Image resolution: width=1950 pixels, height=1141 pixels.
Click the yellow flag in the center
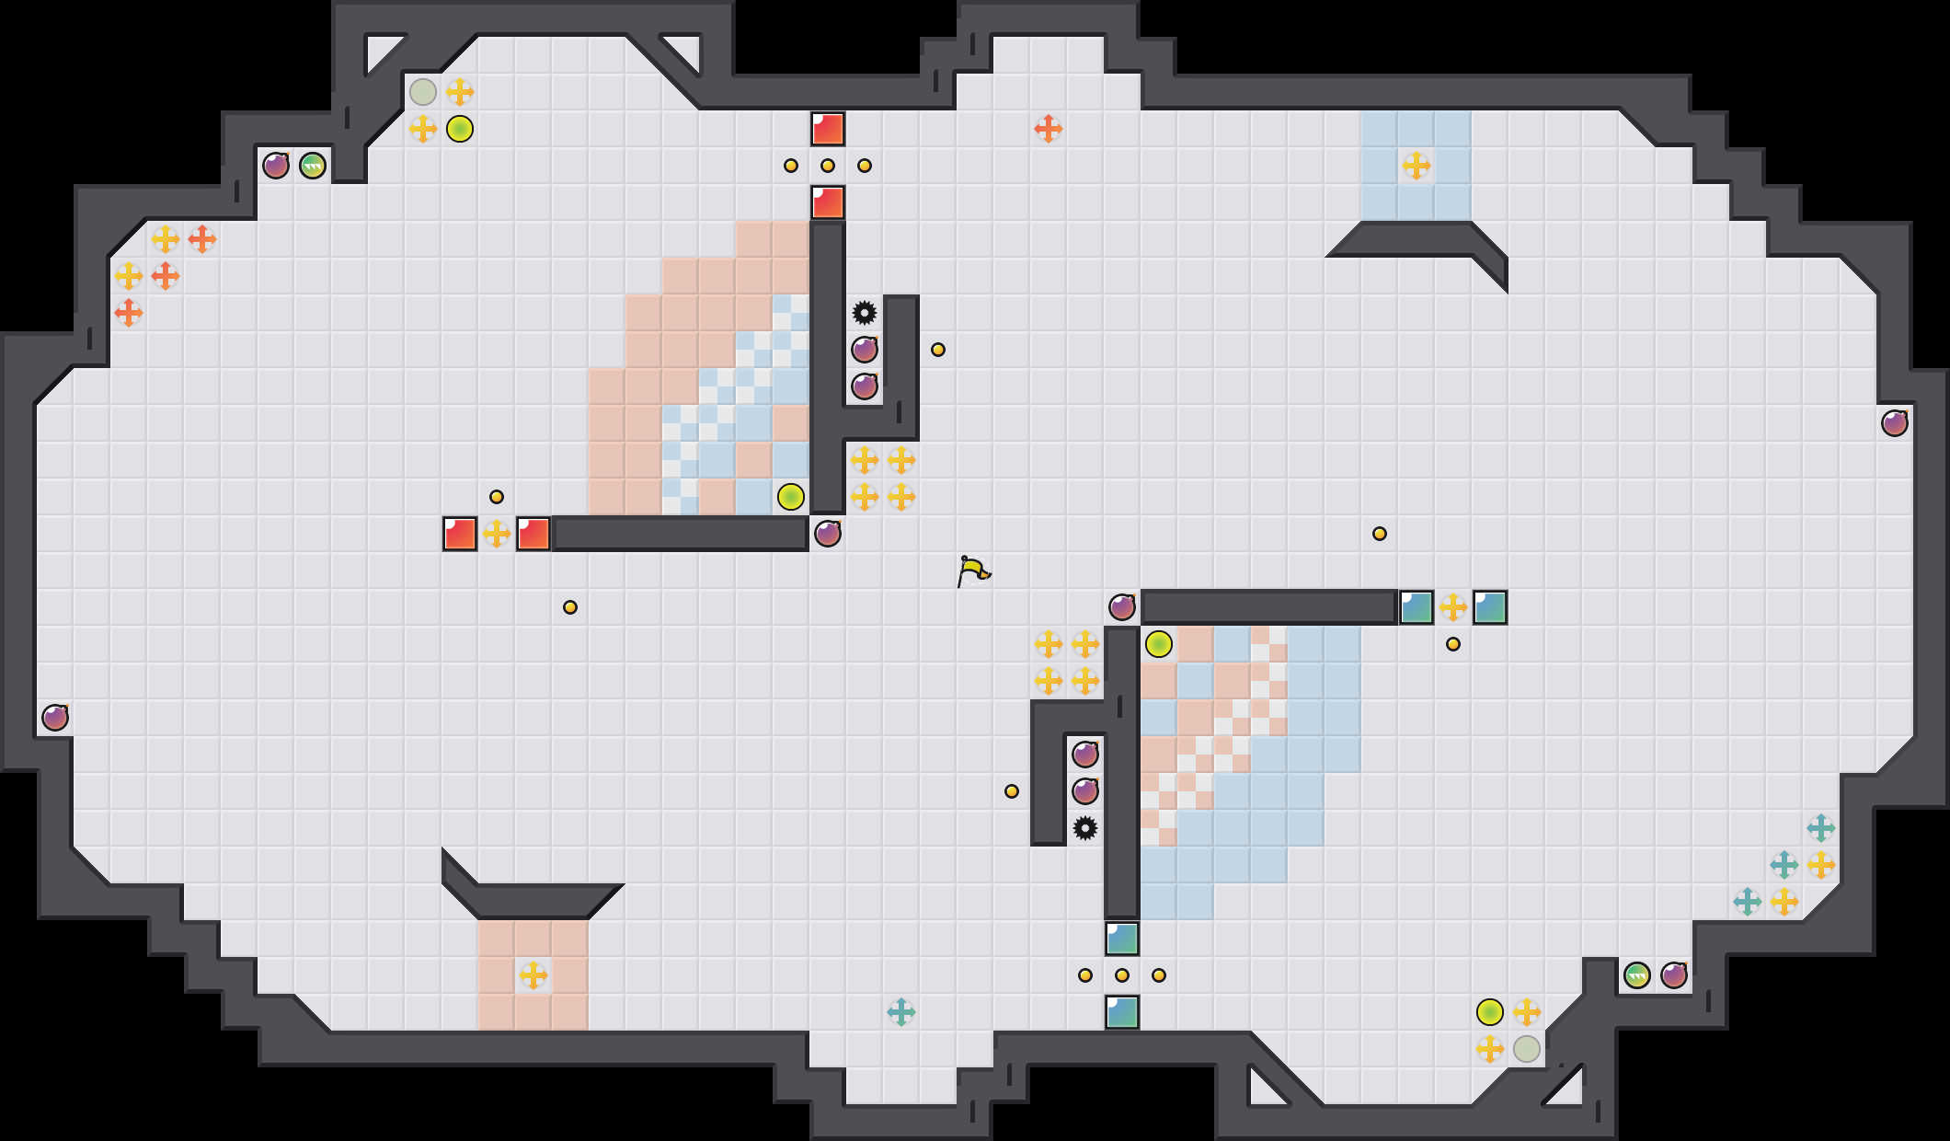973,570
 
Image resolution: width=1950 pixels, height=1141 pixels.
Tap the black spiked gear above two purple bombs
865,313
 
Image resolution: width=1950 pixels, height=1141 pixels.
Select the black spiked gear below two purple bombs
1085,828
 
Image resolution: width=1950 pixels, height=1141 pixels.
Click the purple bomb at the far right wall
1895,423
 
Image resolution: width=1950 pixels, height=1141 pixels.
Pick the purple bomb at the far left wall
55,718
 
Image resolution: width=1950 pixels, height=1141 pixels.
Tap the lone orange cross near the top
1049,129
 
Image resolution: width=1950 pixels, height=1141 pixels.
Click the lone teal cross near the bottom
901,1012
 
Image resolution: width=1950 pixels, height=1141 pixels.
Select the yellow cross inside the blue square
1417,166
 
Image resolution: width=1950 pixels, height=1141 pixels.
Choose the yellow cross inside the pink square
533,975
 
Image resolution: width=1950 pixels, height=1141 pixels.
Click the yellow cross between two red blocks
497,534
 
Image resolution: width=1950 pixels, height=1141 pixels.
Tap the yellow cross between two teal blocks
1453,607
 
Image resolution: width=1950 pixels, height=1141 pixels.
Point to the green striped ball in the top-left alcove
313,166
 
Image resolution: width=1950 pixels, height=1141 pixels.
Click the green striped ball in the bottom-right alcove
1637,975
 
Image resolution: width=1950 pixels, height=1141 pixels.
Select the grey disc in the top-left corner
423,92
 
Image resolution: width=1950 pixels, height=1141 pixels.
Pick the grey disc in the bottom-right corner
1527,1049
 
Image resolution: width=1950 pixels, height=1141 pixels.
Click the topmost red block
828,129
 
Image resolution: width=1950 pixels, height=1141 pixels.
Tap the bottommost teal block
1122,1012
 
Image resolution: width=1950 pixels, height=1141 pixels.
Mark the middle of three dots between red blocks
828,166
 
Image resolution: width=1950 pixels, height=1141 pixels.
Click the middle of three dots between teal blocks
1122,975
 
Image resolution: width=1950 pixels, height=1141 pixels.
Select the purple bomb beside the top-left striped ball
276,166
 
